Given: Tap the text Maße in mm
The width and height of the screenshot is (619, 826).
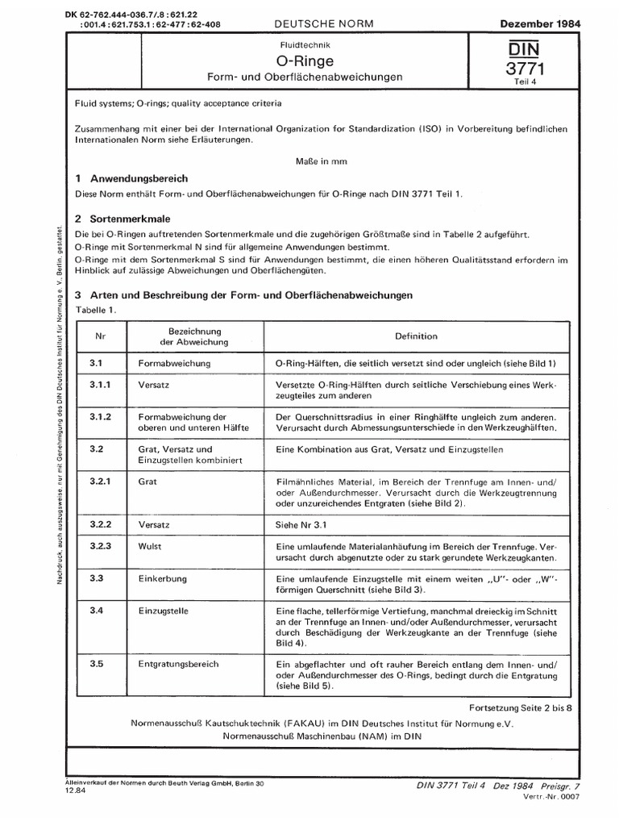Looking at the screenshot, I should point(322,161).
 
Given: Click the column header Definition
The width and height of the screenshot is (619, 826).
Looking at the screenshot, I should point(416,336).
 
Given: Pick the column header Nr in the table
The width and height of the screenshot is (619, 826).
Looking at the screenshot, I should point(101,336).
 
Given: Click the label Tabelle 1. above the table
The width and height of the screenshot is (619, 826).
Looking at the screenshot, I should point(96,310).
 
